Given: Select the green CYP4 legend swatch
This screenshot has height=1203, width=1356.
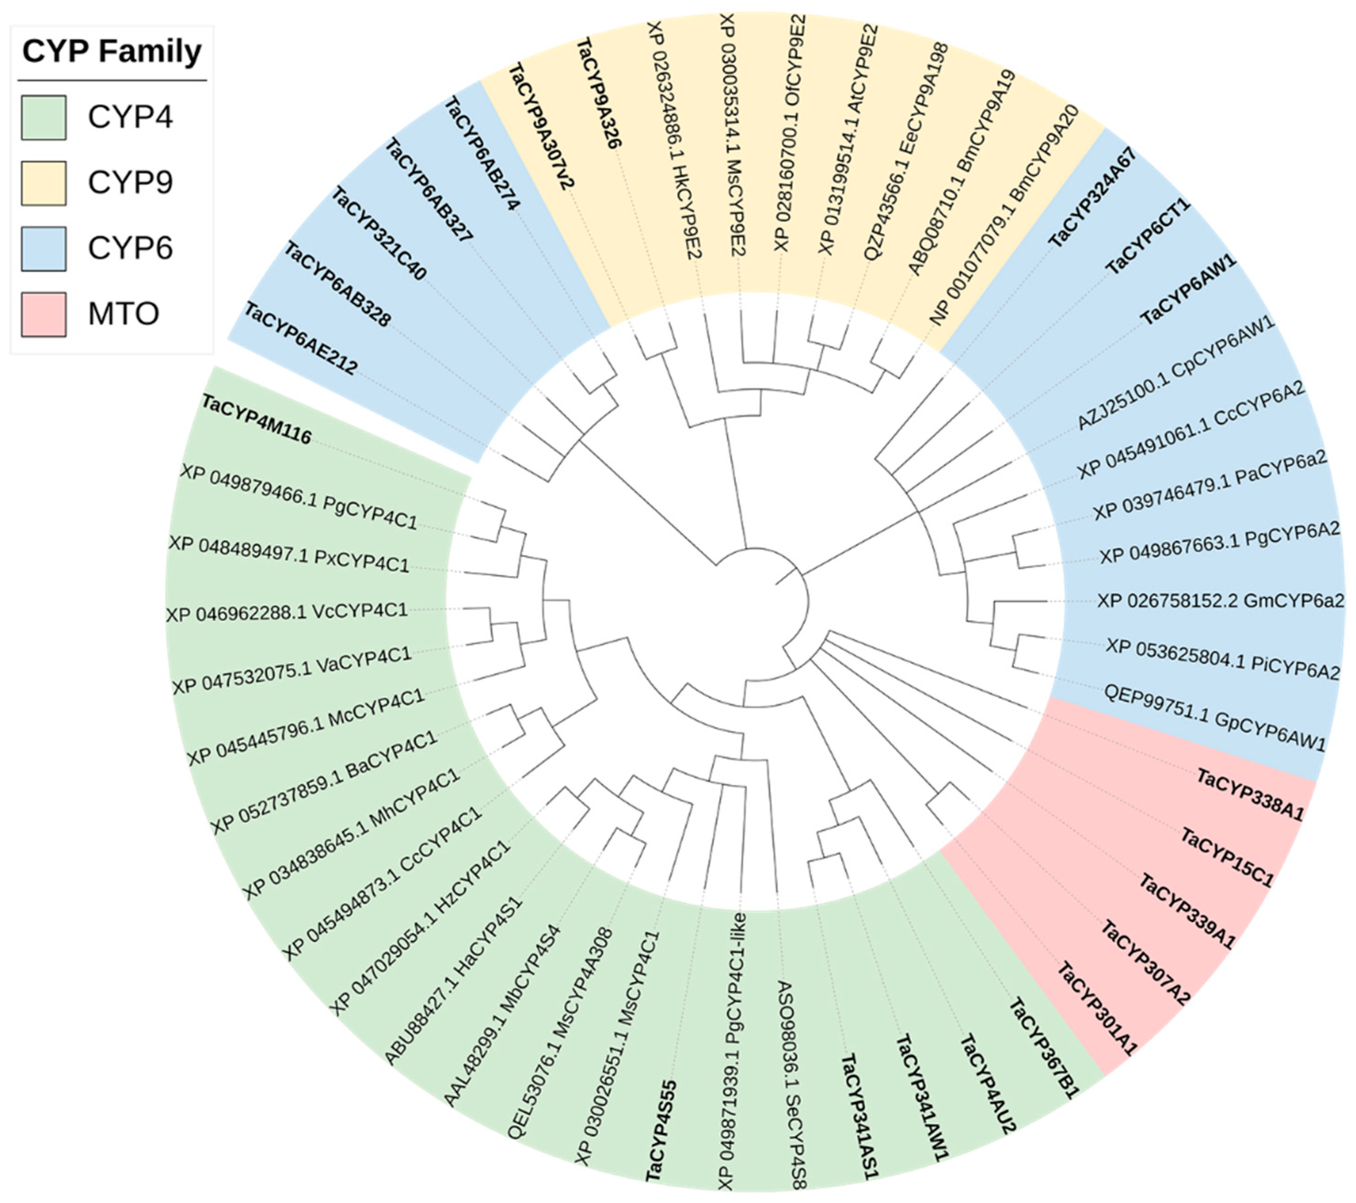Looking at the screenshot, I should [x=44, y=117].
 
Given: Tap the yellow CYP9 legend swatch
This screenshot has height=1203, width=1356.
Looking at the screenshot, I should [x=44, y=183].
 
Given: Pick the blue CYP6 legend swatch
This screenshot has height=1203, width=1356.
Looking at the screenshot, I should [x=44, y=248].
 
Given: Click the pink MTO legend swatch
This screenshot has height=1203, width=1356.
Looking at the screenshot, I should [x=44, y=314].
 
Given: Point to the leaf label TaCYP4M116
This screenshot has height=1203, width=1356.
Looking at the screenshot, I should [x=256, y=419].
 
